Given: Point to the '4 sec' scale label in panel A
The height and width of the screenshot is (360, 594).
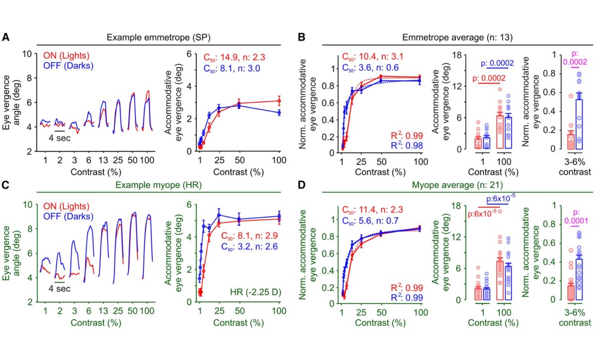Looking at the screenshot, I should [x=60, y=138].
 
